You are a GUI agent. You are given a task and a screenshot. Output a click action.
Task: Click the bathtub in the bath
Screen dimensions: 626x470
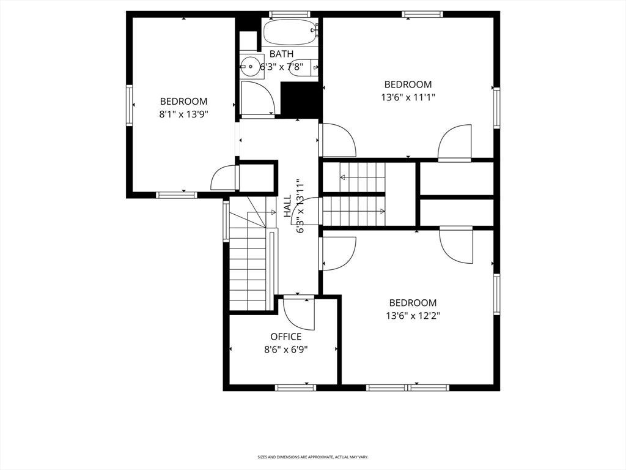290,32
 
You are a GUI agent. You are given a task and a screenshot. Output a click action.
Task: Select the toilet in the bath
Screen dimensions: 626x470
303,67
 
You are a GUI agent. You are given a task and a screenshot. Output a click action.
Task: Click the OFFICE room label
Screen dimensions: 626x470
286,337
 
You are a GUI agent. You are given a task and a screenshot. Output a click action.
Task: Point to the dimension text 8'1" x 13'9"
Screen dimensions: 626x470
183,114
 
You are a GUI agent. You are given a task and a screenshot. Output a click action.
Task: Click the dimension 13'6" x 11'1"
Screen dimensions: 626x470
408,97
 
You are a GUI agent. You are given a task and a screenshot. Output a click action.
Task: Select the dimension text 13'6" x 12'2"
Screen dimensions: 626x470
413,316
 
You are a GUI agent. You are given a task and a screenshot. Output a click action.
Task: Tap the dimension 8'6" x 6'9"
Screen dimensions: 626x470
286,350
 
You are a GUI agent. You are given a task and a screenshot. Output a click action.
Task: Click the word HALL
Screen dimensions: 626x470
287,206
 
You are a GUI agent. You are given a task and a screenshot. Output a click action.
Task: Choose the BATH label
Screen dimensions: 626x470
281,54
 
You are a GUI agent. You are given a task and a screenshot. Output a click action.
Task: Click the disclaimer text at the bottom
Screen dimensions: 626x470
312,457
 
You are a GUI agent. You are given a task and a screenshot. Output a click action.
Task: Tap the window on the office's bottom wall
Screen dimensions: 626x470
295,387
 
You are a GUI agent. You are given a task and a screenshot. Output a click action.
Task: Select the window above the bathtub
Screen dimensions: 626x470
290,15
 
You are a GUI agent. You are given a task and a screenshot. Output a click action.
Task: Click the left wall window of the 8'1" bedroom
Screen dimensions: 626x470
130,105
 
